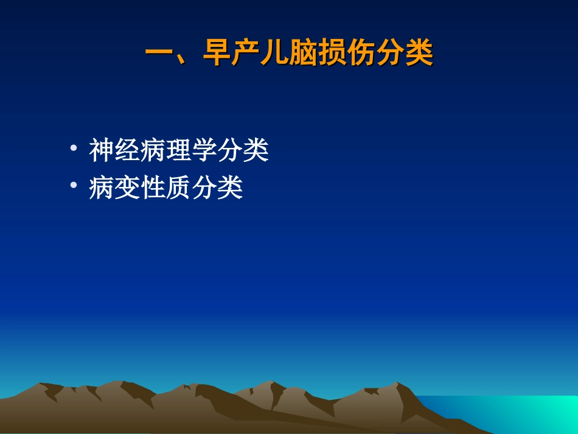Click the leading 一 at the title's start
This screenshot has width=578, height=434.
coord(159,54)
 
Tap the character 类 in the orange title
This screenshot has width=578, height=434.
coord(419,54)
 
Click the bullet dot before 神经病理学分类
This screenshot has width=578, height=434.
coord(74,149)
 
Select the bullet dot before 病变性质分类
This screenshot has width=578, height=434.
coord(74,186)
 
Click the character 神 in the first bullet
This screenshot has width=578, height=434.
coord(102,151)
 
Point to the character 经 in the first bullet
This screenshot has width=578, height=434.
coord(128,151)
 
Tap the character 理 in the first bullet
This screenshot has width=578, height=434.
coord(179,151)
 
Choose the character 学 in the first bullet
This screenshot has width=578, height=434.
coord(205,151)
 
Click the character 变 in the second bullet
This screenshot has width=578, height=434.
coord(128,188)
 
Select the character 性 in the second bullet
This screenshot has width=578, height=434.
coord(153,188)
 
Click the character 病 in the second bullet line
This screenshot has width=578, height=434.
coord(102,188)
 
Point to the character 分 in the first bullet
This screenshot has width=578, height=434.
coord(231,151)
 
